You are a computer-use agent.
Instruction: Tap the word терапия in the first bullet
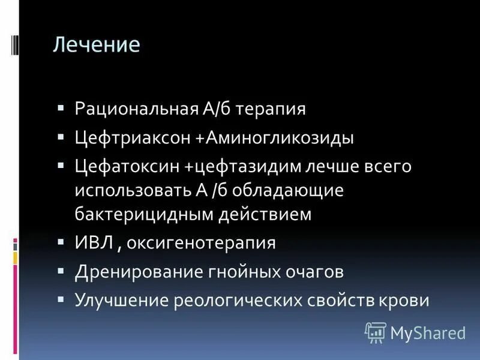pyautogui.click(x=271, y=109)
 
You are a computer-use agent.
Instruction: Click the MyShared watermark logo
pyautogui.click(x=415, y=332)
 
